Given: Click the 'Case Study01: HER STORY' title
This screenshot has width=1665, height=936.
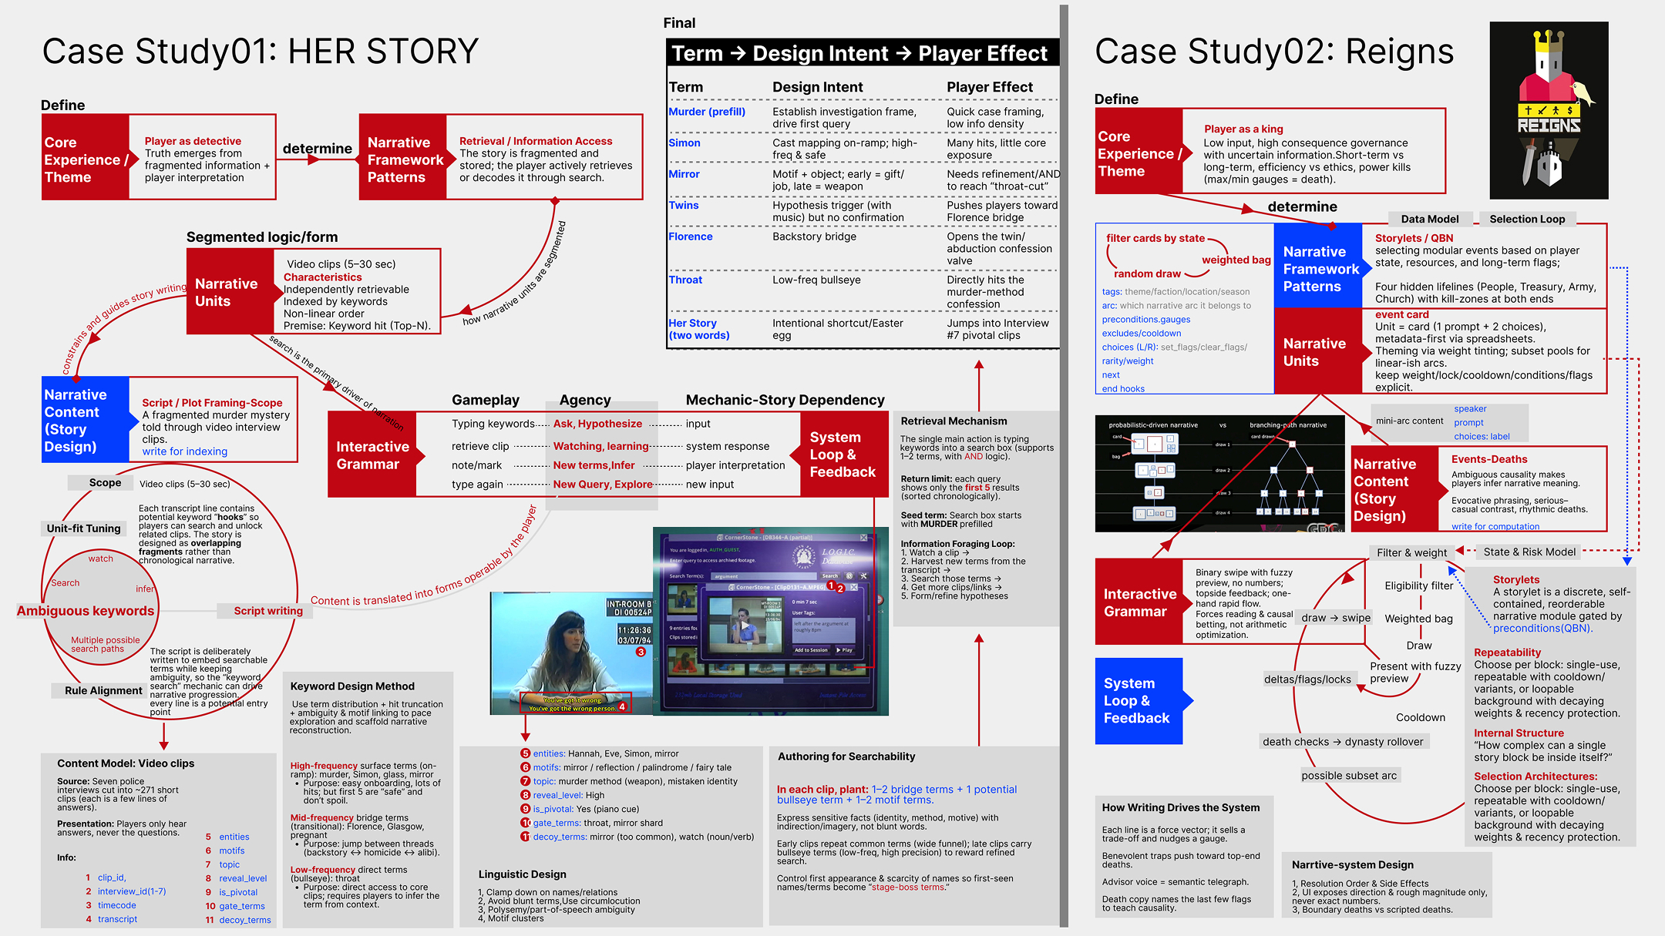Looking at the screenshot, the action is pos(260,52).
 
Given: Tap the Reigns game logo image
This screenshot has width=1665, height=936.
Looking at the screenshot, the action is pos(1549,110).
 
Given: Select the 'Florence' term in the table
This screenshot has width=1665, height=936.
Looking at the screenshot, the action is pos(690,237).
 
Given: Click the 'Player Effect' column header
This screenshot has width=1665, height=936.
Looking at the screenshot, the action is pos(989,87).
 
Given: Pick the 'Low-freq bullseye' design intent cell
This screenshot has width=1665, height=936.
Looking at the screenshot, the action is pos(816,280).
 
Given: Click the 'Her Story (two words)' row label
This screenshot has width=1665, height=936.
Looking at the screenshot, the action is pos(698,329).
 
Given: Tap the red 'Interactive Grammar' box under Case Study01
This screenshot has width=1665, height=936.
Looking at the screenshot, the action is pos(372,455).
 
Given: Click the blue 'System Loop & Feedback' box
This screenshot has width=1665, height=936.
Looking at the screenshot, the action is pos(1138,700).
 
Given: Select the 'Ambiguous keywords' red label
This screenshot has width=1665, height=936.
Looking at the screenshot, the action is pos(86,611).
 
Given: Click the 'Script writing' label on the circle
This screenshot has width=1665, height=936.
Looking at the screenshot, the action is pos(267,611).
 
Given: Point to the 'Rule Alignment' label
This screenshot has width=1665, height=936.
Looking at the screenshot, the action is pos(103,690).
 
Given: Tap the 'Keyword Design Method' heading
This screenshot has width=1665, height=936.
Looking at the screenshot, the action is pos(352,686).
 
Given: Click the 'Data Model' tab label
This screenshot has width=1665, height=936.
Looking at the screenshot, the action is pos(1429,219).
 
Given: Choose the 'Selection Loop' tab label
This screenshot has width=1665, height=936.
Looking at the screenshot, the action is pos(1526,219).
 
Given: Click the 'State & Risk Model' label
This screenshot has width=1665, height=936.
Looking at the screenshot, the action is pos(1529,552).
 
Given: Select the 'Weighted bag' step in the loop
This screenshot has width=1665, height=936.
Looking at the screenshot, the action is pos(1418,619).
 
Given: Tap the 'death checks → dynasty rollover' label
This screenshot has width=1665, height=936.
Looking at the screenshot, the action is pos(1343,742).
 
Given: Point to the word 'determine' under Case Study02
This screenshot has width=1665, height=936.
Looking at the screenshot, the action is pos(1302,206).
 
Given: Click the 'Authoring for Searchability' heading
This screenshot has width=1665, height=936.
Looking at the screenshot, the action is pos(846,757).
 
